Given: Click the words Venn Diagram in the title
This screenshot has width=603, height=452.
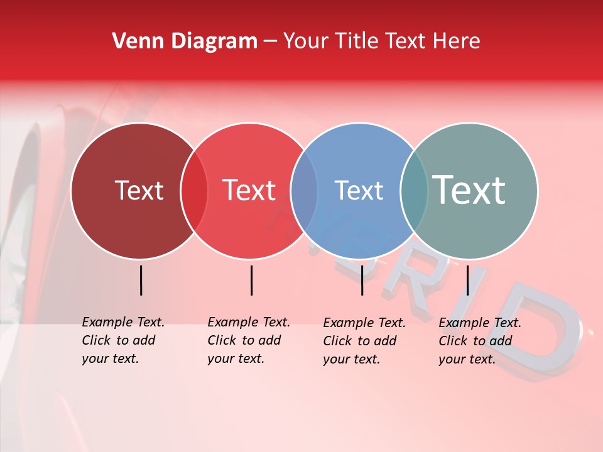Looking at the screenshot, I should (185, 41).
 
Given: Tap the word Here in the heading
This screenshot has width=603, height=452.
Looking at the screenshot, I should (457, 41).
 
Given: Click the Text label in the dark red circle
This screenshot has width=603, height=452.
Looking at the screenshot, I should (139, 190).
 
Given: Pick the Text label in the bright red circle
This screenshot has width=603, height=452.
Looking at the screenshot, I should (249, 190).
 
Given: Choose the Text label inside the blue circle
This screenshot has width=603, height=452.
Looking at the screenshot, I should (359, 190).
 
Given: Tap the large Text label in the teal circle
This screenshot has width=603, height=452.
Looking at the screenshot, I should (469, 190).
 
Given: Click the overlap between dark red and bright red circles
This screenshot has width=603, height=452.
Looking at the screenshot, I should (194, 191).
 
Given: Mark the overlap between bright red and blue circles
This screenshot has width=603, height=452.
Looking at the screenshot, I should (304, 191).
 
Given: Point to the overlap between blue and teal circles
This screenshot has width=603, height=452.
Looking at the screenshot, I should (414, 191).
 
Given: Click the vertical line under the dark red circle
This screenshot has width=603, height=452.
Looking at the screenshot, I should (141, 280).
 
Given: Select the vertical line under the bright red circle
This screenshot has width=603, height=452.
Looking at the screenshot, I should (251, 280).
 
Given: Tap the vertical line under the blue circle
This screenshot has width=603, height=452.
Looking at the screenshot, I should (362, 280).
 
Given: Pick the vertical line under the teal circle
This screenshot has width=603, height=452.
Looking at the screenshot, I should (467, 280).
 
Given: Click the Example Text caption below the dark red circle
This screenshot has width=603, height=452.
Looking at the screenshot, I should (122, 340).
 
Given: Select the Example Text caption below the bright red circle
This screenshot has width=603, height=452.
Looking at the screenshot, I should (248, 340).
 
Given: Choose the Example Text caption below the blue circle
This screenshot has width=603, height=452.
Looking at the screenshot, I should (364, 341).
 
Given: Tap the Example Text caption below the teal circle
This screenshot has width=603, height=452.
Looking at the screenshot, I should (479, 341).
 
